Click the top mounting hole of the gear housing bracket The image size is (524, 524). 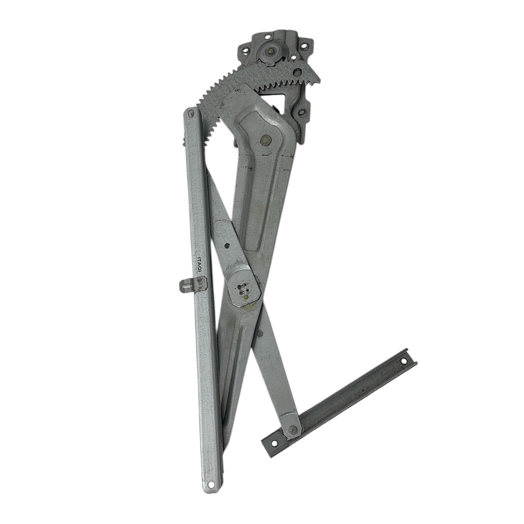268,36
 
